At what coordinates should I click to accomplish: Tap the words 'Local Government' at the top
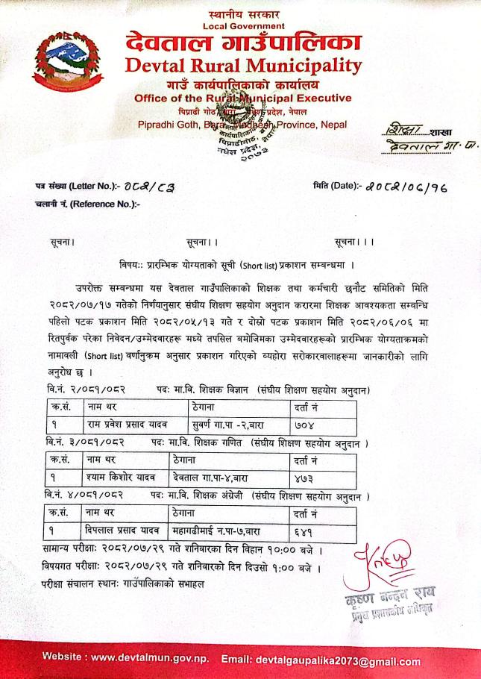point(243,26)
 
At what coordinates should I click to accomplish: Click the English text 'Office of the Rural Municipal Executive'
point(242,98)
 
